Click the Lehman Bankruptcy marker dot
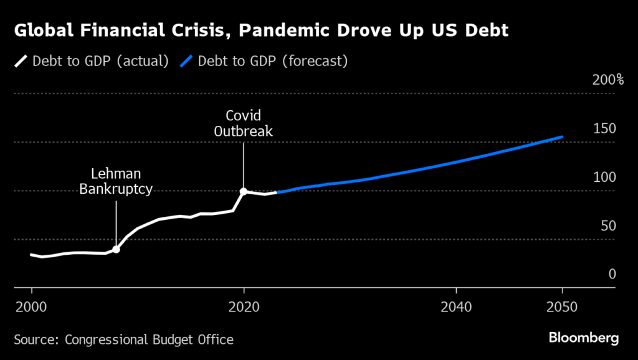[x=116, y=249]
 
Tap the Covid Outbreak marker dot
[x=244, y=191]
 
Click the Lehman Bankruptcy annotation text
[x=116, y=181]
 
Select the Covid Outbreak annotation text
[x=244, y=123]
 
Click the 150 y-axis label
[x=604, y=128]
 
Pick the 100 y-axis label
[x=604, y=177]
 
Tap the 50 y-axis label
[x=607, y=225]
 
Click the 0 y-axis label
[x=612, y=274]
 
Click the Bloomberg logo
[x=583, y=338]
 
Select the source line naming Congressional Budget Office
[x=123, y=339]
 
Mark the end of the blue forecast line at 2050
[x=563, y=136]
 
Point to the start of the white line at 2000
[x=31, y=254]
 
